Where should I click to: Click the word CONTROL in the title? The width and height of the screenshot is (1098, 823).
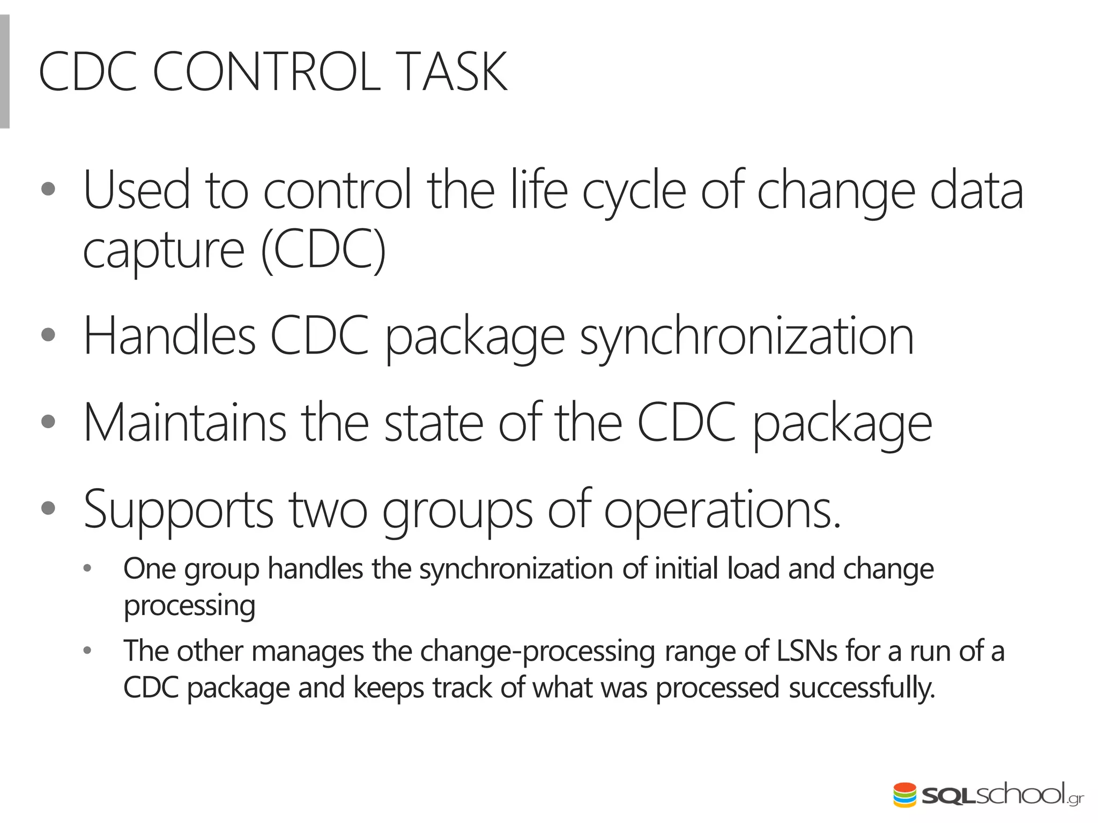266,72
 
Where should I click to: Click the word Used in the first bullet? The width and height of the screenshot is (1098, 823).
137,190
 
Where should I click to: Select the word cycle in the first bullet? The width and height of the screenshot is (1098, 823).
634,192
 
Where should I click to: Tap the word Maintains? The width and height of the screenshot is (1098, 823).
185,423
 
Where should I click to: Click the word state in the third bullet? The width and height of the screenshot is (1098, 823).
434,423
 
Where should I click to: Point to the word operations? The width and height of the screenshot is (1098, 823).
722,510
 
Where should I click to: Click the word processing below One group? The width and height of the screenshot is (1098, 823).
189,606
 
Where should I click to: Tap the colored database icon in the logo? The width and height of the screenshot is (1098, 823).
905,795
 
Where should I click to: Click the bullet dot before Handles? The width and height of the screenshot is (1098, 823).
48,335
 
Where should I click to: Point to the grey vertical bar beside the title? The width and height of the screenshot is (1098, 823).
5,72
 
